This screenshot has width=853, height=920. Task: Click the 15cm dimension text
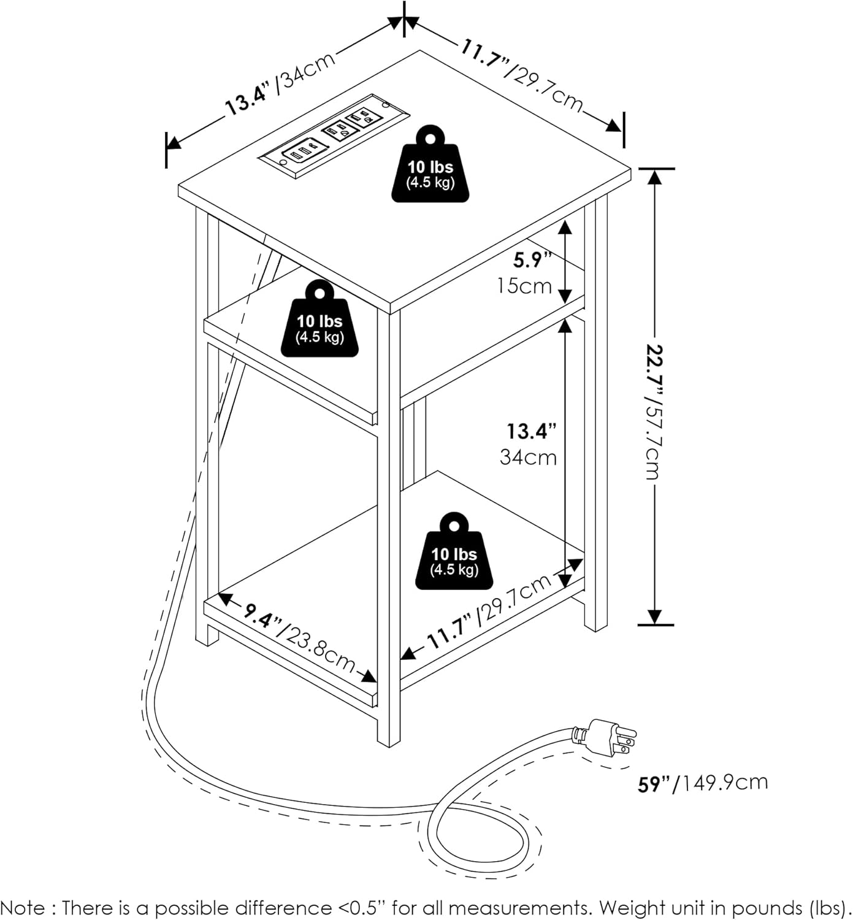pyautogui.click(x=525, y=286)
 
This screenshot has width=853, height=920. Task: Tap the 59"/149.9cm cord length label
pyautogui.click(x=703, y=783)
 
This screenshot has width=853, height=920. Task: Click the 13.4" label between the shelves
pyautogui.click(x=531, y=431)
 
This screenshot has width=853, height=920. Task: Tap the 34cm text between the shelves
pyautogui.click(x=528, y=457)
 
